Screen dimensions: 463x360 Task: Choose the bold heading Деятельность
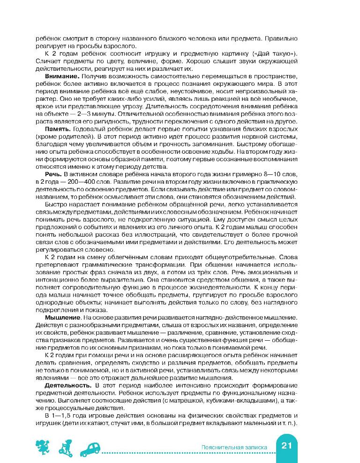[64, 384]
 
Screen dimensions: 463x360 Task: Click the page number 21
[287, 447]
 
